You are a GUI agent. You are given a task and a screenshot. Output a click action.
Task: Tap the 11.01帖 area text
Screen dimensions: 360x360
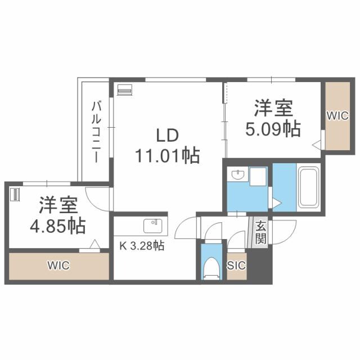[x=167, y=155]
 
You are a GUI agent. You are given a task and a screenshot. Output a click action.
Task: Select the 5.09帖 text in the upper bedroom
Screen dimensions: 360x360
[x=272, y=129]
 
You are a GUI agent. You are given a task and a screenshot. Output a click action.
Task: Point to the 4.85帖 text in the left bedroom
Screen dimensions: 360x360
[x=57, y=226]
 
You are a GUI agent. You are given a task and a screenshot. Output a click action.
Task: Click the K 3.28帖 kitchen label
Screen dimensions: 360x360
[x=140, y=246]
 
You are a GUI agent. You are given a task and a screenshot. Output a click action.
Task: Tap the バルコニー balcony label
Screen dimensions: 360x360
[x=96, y=130]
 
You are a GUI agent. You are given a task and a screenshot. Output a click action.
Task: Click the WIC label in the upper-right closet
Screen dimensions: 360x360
[x=337, y=116]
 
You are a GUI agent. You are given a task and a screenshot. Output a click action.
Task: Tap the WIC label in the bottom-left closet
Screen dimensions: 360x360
[x=58, y=265]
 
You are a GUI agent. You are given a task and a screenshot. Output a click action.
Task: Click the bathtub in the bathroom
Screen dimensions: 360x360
[x=308, y=188]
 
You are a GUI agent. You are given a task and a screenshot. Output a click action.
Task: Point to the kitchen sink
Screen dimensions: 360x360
[x=152, y=226]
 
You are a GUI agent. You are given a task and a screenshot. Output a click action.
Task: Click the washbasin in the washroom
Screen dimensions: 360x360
[x=237, y=176]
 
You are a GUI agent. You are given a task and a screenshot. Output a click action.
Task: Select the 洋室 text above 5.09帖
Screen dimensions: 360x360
[x=272, y=107]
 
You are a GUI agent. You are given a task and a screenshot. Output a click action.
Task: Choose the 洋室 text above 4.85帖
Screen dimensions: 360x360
[x=57, y=203]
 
